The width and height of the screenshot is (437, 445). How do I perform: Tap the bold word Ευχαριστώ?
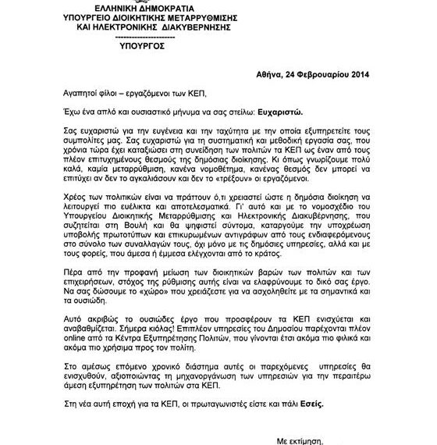tap(267, 112)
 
